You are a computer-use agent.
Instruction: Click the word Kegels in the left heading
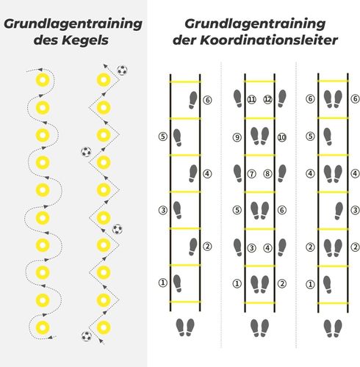coord(84,40)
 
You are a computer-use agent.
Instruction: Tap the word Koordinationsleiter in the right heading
coord(269,40)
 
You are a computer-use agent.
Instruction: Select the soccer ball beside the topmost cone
coord(122,70)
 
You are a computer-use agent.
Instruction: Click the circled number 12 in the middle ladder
coord(267,99)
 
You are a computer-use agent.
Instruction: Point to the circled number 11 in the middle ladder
coord(251,99)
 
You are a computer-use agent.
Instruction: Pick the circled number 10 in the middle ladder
coord(282,137)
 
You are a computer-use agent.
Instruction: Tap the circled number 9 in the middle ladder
coord(237,137)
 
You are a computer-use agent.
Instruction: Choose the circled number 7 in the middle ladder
coord(251,174)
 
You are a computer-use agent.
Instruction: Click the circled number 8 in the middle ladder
coord(267,174)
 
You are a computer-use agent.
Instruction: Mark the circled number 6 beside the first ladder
coord(207,100)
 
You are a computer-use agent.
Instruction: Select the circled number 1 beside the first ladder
coord(163,283)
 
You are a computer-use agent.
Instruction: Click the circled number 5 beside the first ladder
coord(163,137)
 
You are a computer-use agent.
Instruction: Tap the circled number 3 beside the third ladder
coord(355,210)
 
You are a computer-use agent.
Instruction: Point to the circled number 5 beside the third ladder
coord(310,136)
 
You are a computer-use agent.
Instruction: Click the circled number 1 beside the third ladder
coord(310,284)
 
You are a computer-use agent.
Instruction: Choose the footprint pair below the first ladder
coord(185,327)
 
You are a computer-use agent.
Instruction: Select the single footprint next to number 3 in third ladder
coord(339,211)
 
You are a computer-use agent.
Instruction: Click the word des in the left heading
coord(46,40)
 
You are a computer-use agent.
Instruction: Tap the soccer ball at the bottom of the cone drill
coord(87,336)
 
